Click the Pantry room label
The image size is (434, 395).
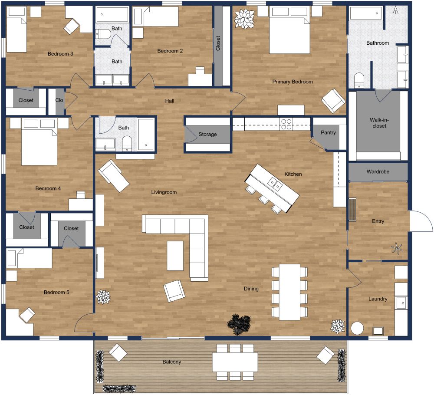pos(328,132)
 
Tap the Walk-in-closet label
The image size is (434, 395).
pos(378,123)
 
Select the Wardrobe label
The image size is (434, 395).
pos(378,172)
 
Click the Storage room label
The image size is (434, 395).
pos(207,135)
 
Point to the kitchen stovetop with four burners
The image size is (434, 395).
pos(286,124)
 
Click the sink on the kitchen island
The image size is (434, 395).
pos(274,184)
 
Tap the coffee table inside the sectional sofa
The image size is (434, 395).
pos(175,256)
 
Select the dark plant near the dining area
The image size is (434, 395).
pos(238,324)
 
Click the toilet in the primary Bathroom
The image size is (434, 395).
pos(359,80)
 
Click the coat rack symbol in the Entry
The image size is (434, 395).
pos(397,249)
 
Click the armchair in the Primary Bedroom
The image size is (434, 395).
pos(333,101)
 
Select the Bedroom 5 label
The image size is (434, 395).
pos(56,293)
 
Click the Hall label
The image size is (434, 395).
pos(169,101)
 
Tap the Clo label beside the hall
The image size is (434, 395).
pos(59,100)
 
